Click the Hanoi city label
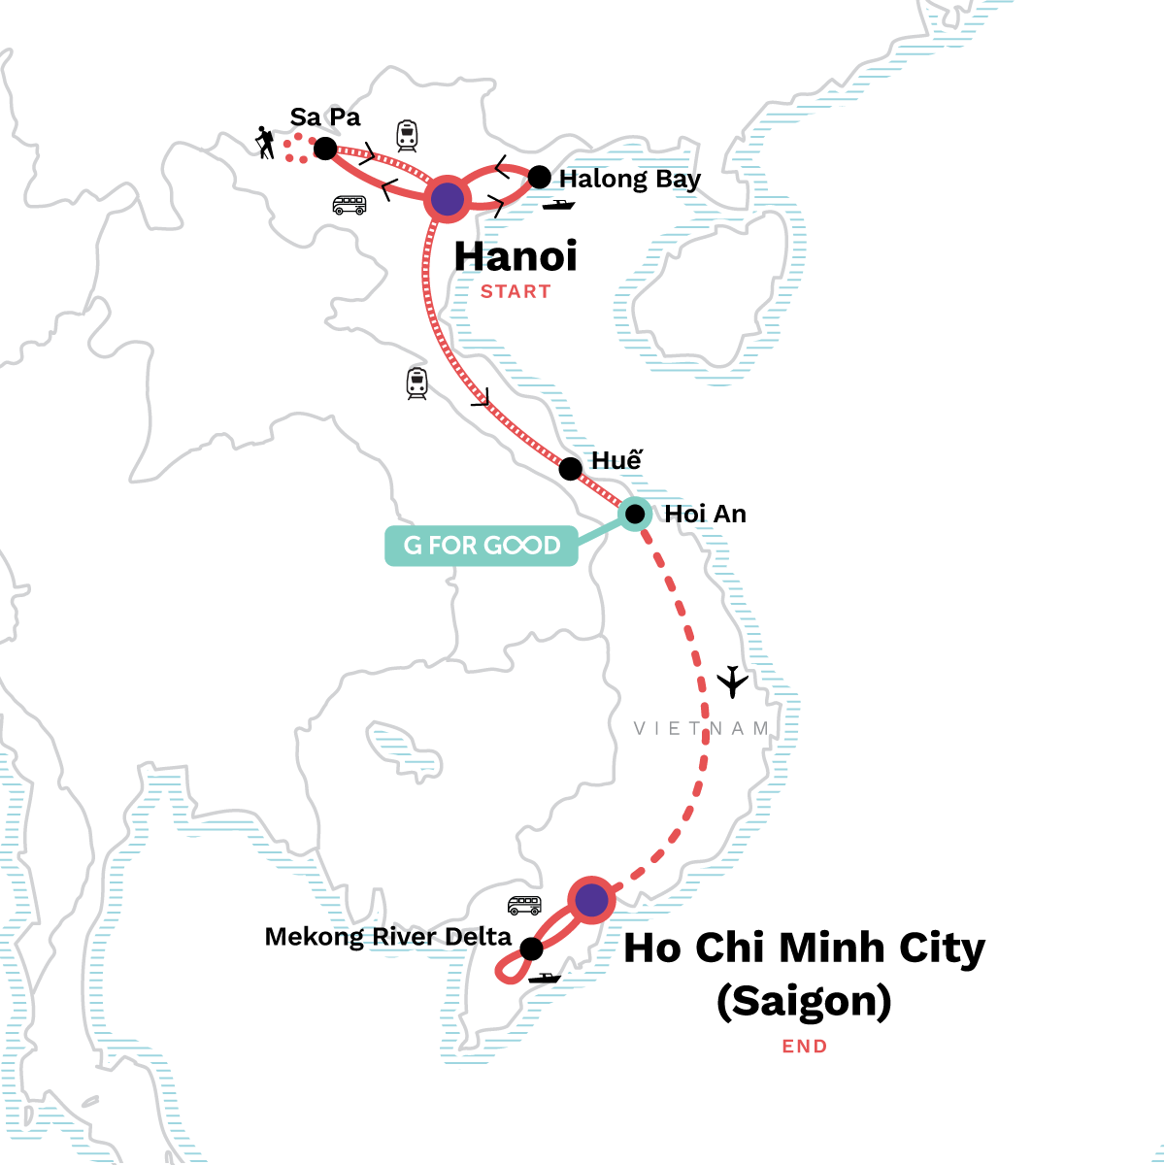516,256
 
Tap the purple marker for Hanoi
448,199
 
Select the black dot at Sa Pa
325,149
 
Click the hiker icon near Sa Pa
264,143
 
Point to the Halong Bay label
630,180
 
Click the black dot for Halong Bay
539,178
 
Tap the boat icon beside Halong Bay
559,204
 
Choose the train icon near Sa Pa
407,136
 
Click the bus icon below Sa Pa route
349,205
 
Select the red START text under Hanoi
516,291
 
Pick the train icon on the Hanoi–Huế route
417,383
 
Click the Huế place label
616,460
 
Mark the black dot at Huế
571,469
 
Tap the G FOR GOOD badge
482,546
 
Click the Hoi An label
705,514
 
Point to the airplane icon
733,682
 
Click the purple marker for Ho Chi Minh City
591,901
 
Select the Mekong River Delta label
387,937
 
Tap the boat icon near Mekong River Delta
545,978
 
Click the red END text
805,1047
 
